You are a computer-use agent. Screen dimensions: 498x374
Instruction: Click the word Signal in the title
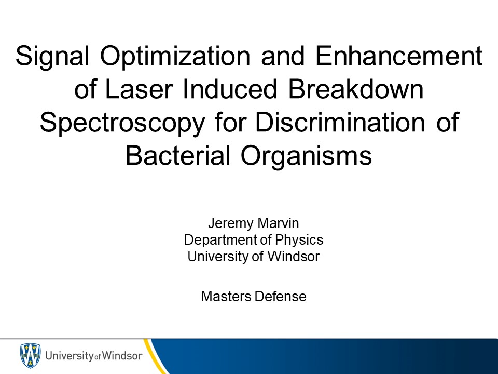(x=52, y=57)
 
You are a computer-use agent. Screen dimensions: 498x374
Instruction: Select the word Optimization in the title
(x=175, y=57)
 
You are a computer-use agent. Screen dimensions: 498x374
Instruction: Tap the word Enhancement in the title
(x=399, y=56)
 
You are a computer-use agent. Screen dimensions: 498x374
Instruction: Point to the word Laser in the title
(x=139, y=89)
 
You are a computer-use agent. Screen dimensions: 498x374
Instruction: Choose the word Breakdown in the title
(x=356, y=89)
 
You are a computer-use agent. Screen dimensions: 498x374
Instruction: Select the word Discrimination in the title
(x=340, y=122)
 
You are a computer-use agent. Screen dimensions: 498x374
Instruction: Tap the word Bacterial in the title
(x=178, y=155)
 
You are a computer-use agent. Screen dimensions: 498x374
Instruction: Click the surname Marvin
(x=278, y=223)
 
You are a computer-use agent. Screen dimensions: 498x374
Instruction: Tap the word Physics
(x=299, y=241)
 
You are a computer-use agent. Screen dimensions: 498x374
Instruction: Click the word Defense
(x=281, y=297)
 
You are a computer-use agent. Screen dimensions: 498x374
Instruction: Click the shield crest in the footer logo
(x=30, y=355)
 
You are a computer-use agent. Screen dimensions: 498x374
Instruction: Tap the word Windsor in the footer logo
(x=121, y=355)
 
